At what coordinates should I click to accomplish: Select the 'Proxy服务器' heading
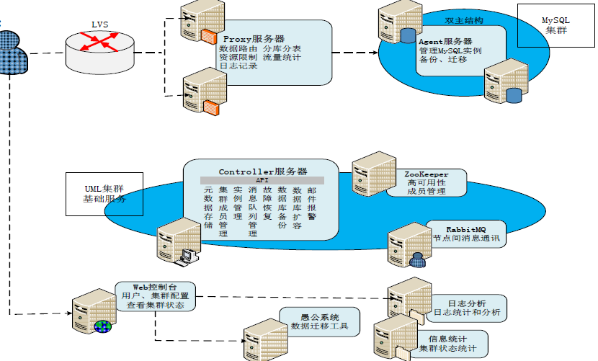[x=253, y=38]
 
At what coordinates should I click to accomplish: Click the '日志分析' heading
[x=467, y=303]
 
